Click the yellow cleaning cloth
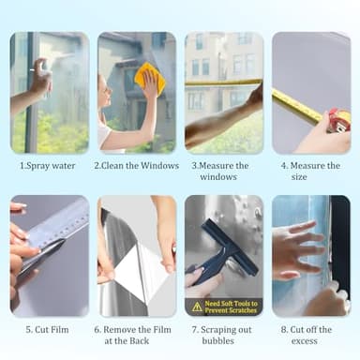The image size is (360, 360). [149, 80]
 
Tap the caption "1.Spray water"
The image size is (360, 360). [50, 166]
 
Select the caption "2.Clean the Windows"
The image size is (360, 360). [136, 166]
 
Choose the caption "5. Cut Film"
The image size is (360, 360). [50, 329]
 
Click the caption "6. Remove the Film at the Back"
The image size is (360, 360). [136, 335]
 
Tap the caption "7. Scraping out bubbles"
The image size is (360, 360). [222, 335]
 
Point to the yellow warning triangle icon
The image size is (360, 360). [196, 306]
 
